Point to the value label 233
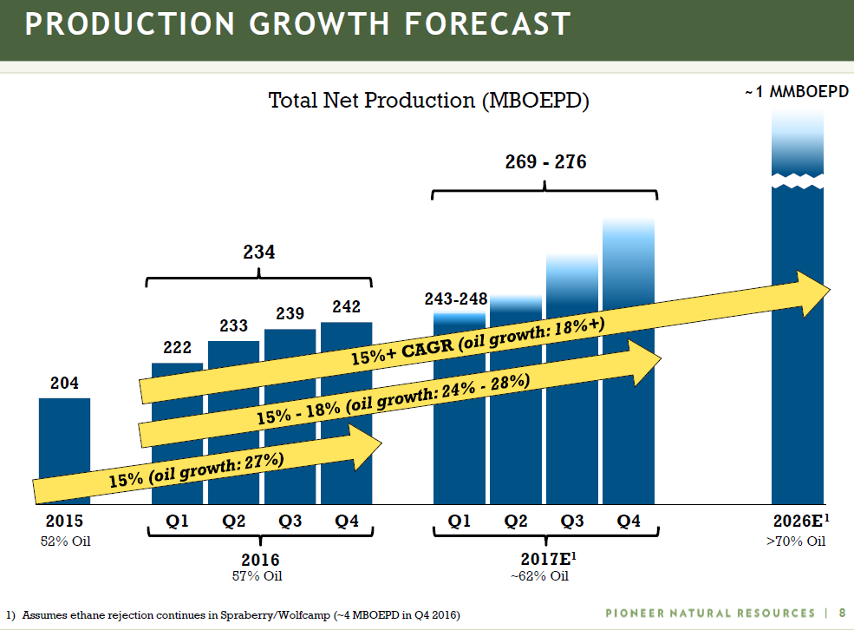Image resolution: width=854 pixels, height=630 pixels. point(233,326)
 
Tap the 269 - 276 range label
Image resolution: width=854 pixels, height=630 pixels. point(545,161)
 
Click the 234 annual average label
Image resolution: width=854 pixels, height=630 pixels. point(258,253)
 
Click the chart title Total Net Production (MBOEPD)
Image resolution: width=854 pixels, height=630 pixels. point(428,101)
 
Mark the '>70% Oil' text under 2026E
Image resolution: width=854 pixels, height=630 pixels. point(796,542)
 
